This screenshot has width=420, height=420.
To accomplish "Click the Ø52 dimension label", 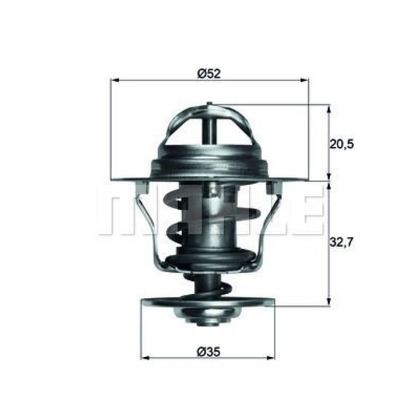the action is [x=209, y=73].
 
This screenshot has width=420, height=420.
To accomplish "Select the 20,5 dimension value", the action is [x=341, y=144].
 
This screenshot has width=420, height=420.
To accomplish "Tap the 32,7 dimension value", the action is [x=341, y=242].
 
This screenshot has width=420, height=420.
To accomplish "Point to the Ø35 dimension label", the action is [x=209, y=352].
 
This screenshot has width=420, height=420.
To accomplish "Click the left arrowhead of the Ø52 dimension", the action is [x=115, y=80].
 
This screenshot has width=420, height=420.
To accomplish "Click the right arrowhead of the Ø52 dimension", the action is [x=305, y=80].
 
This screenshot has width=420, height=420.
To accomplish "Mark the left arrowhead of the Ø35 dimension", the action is [x=145, y=358].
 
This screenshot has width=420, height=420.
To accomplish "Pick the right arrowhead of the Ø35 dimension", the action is [x=271, y=358].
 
